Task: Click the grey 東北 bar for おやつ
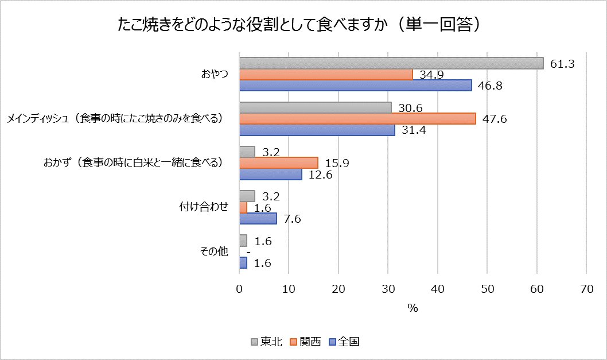(x=391, y=63)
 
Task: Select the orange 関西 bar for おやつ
(x=325, y=74)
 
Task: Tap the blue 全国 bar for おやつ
(x=355, y=85)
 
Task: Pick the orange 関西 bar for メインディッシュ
(x=357, y=118)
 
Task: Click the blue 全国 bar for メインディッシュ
(x=317, y=130)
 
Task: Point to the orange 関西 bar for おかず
(x=278, y=162)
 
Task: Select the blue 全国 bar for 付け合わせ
(x=258, y=218)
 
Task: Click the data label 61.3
(x=562, y=64)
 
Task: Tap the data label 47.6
(x=495, y=119)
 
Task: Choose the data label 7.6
(x=293, y=219)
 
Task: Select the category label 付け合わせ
(x=204, y=207)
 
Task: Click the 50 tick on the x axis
(x=487, y=289)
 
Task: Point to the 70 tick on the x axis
(x=586, y=289)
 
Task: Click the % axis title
(x=413, y=308)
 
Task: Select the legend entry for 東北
(x=266, y=342)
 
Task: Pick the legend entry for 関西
(x=305, y=342)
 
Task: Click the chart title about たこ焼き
(x=303, y=25)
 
